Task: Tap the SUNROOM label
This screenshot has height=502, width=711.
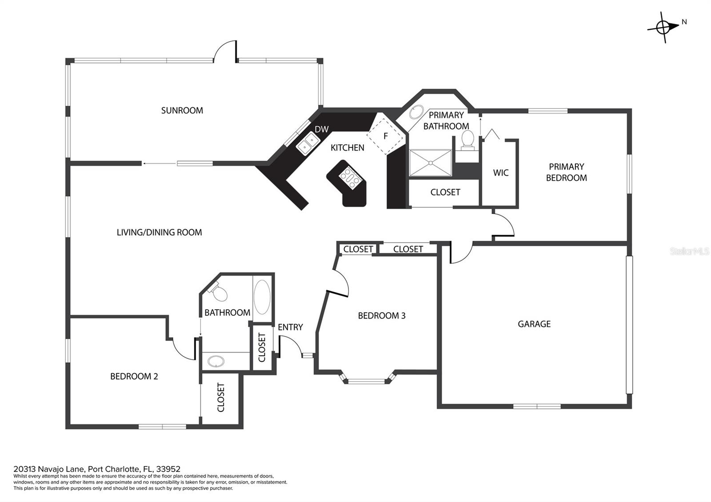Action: pos(182,111)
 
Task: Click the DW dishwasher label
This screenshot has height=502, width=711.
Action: pos(322,129)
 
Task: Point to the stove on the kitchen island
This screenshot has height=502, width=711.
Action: pos(350,178)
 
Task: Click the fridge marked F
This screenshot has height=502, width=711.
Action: pos(386,136)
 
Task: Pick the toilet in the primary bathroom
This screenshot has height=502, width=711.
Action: pos(467,140)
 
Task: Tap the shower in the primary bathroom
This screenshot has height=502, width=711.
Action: pos(431,163)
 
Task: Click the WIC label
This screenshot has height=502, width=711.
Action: pos(500,173)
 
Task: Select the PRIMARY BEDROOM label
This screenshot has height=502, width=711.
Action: pos(566,172)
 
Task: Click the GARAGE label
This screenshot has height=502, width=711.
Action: pos(534,324)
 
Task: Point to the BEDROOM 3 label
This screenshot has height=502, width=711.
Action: pos(382,316)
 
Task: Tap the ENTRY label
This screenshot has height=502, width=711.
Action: pos(290,327)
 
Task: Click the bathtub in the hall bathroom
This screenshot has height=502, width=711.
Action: pos(262,297)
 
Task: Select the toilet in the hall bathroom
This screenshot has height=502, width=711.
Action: pos(218,292)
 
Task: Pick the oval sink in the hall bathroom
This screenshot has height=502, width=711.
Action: pos(216,362)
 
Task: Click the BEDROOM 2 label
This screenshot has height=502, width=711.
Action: pos(134,376)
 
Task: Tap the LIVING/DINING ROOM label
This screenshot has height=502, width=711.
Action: pos(160,233)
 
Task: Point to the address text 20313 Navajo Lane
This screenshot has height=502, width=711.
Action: pos(49,469)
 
